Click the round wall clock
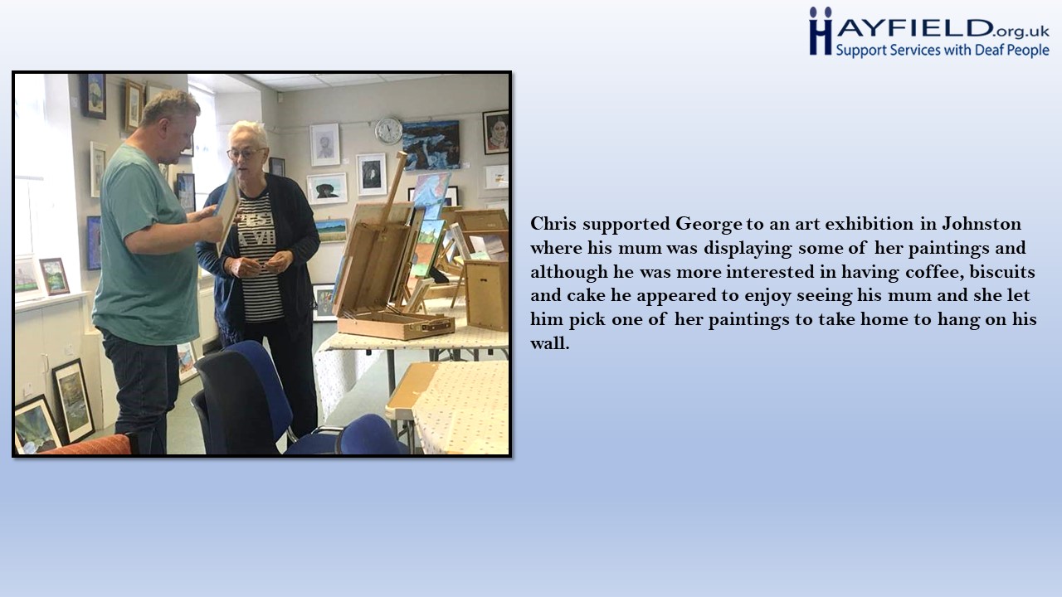(388, 131)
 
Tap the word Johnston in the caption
(981, 224)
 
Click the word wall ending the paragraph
(549, 342)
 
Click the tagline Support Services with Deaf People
(942, 51)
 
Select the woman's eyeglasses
(245, 153)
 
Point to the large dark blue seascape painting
(431, 144)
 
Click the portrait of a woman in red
(495, 132)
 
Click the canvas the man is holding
(227, 208)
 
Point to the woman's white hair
(247, 133)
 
